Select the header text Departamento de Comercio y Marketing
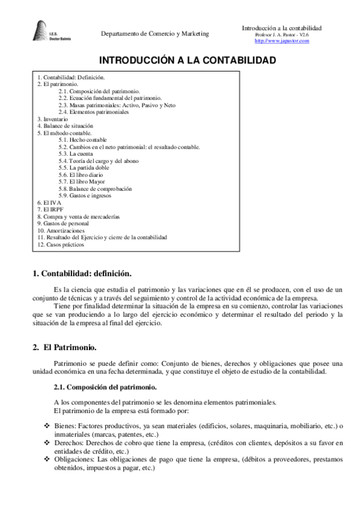coord(155,34)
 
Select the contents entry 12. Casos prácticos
coord(61,244)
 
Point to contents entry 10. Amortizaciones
coord(61,230)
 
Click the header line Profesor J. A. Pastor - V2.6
coord(282,35)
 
